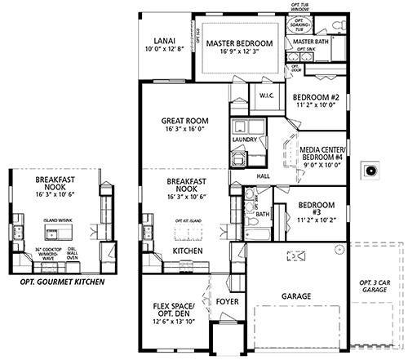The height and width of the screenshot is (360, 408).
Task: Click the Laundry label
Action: pos(246,140)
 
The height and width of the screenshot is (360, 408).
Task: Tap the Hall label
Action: pos(263,175)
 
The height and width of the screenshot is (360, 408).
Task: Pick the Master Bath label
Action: pos(310,41)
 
